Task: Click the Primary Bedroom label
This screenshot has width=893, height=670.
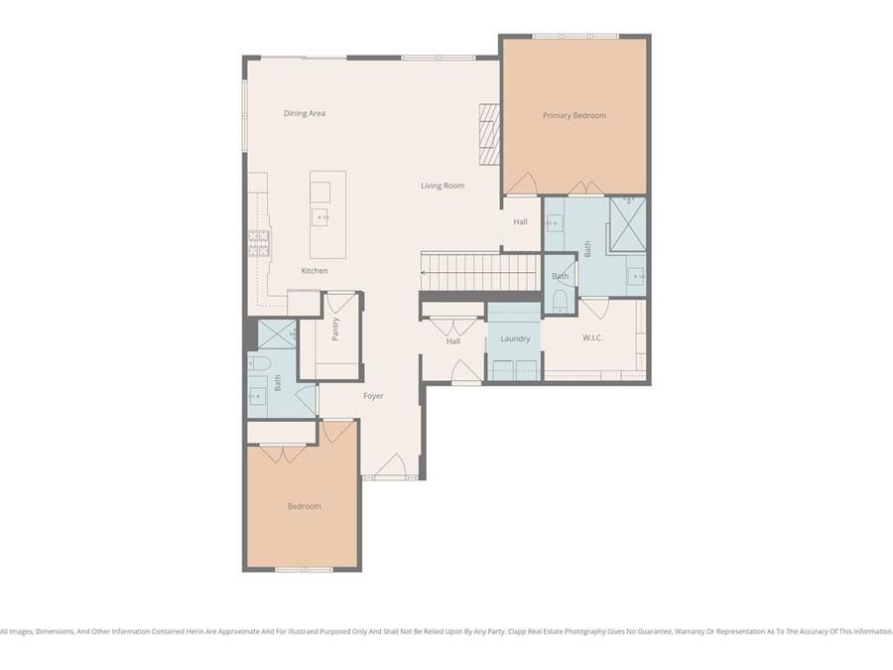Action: coord(574,116)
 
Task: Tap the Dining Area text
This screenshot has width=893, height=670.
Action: coord(304,113)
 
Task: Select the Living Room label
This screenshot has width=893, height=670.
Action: coord(442,186)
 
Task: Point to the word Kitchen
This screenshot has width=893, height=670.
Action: coord(315,271)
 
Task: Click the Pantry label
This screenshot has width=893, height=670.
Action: coord(335,330)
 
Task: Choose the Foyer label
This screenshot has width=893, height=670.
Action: coord(372,396)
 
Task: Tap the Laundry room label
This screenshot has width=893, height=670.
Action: coord(515,338)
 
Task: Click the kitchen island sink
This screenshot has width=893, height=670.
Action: coord(321,217)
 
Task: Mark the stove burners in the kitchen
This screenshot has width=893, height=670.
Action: coord(258,243)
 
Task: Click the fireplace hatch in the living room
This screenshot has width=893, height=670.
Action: coord(489,134)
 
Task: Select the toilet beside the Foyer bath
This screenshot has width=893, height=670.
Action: coord(263,362)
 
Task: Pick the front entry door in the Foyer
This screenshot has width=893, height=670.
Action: coord(390,467)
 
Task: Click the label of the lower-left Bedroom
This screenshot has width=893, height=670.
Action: coord(304,506)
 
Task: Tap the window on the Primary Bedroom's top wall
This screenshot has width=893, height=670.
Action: coord(574,37)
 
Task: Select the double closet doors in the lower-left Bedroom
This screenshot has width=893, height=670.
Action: coord(282,453)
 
